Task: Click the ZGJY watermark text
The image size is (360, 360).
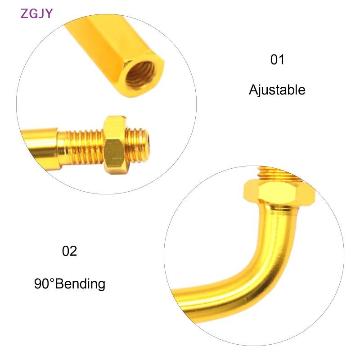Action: tap(36, 13)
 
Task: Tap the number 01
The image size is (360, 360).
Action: tap(277, 60)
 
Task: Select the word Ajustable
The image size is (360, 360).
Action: tap(277, 90)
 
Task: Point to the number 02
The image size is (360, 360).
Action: tap(70, 251)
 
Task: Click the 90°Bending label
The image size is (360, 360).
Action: tap(70, 284)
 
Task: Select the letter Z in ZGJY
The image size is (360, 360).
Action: tap(24, 13)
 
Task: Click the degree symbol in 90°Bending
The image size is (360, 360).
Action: tap(51, 280)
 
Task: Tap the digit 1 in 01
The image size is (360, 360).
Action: tap(282, 60)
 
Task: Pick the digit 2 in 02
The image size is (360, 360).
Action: tap(74, 251)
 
